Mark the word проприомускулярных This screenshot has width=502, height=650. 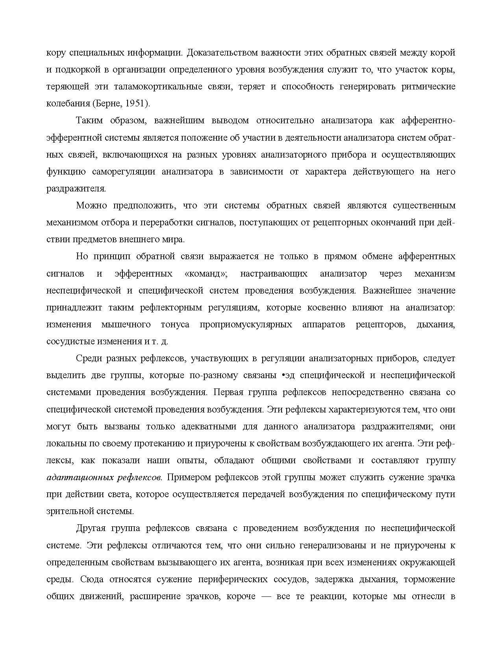[246, 325]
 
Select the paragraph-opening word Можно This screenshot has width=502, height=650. [92, 206]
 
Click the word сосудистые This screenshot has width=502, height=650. [70, 342]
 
